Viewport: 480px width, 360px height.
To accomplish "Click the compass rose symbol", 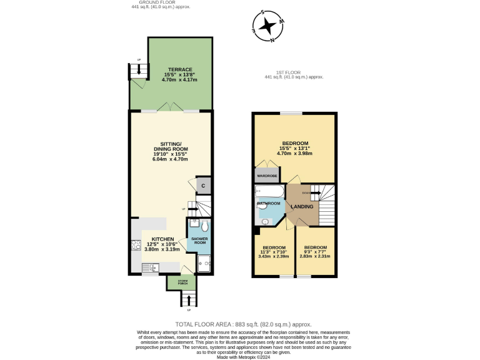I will coord(269,26).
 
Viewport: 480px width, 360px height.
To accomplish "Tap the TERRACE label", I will coord(179,69).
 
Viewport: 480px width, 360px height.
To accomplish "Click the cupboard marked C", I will coord(203,186).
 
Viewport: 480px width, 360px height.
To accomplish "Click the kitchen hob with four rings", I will coord(136,244).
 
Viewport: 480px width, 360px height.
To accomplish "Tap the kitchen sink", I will coord(150,268).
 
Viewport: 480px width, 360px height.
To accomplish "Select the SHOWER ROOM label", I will coord(199,241).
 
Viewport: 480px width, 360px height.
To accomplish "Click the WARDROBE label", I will coord(267,176).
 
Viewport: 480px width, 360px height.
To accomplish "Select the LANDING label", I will coord(302,206).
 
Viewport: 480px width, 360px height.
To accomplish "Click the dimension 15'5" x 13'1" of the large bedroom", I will coord(296,148).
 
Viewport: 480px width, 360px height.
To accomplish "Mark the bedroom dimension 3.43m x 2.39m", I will coord(274,256).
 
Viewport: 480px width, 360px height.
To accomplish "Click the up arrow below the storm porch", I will coord(189,301).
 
